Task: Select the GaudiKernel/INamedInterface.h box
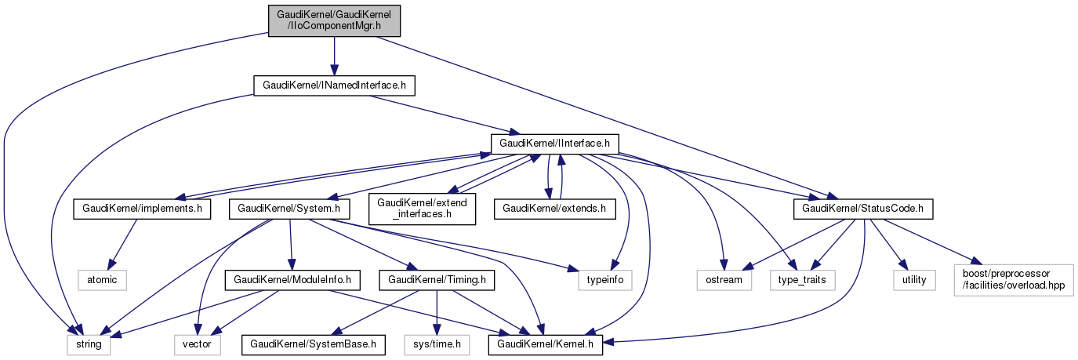[x=333, y=85]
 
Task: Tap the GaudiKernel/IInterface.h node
[x=555, y=144]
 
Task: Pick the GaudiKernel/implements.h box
[x=141, y=209]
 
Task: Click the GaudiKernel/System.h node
[x=289, y=209]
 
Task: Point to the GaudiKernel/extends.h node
[x=554, y=209]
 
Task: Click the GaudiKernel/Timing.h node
[x=436, y=278]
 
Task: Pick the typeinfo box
[x=605, y=278]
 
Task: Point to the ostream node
[x=723, y=278]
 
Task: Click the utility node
[x=913, y=278]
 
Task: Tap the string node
[x=87, y=344]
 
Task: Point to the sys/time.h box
[x=437, y=344]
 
